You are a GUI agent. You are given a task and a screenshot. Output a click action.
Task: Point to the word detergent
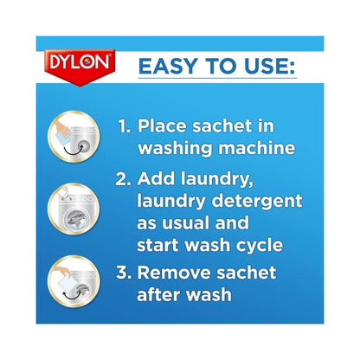tap(259, 202)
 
